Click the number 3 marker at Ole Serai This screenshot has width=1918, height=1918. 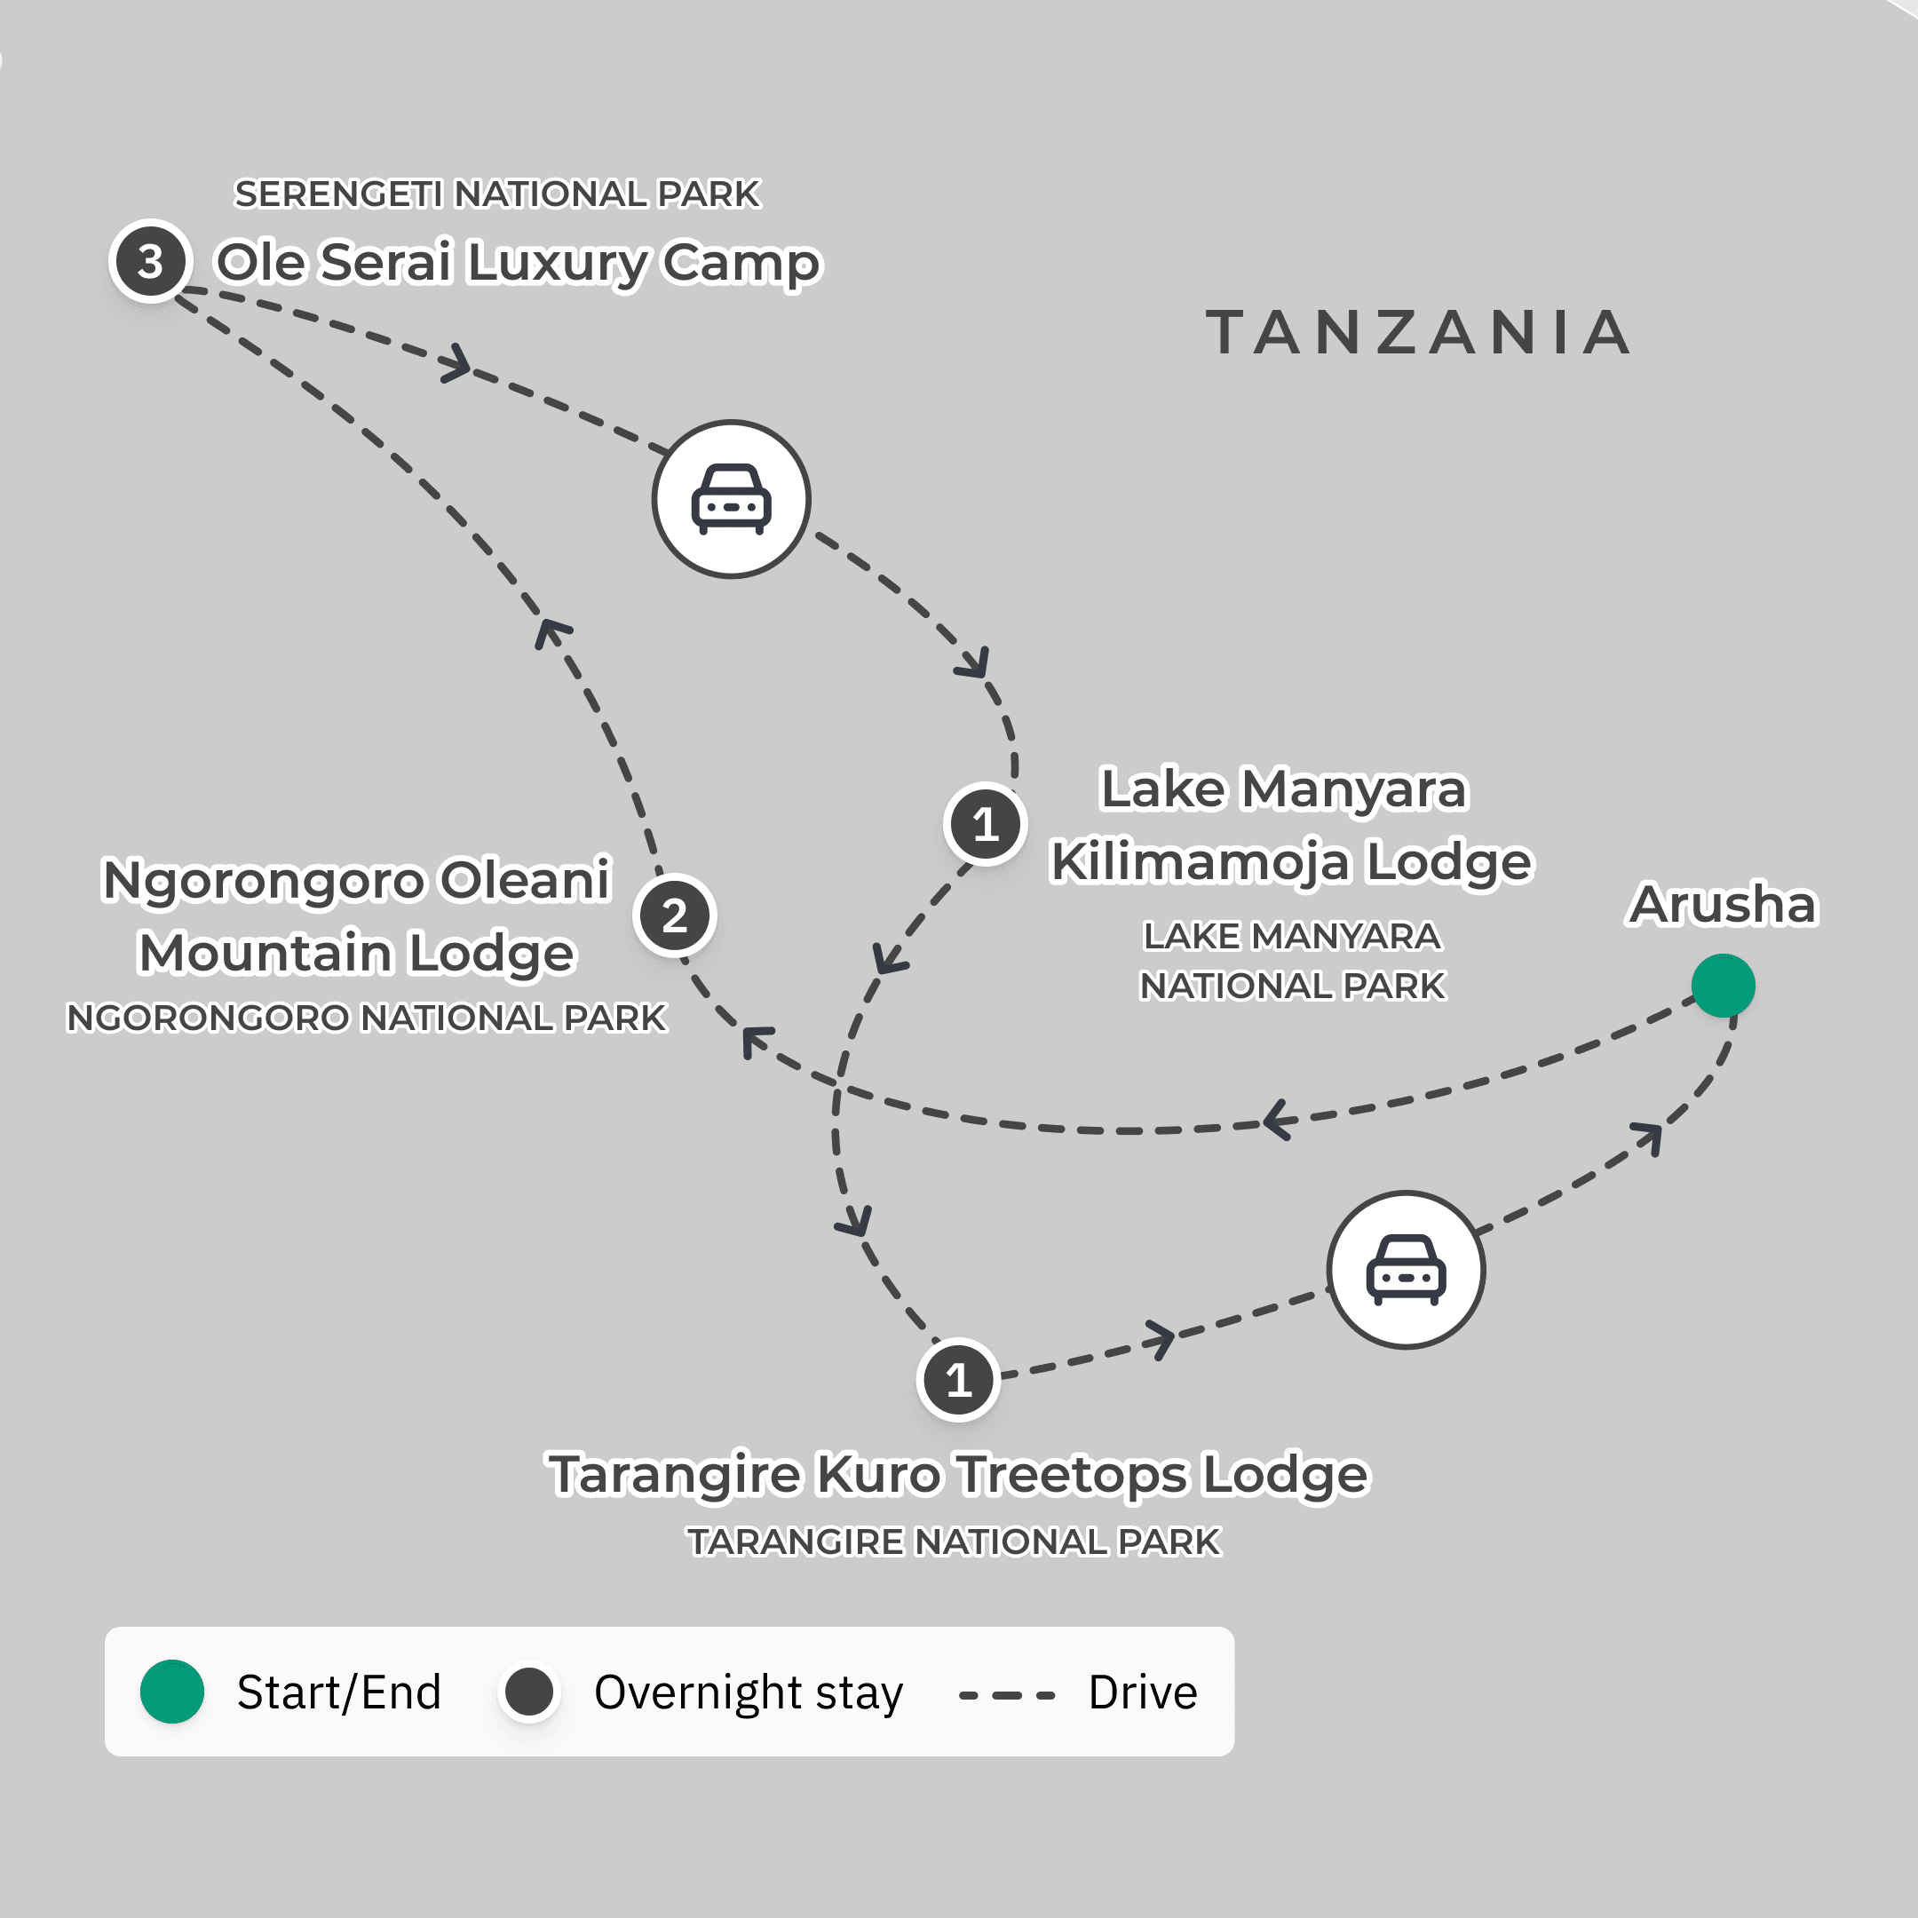(150, 262)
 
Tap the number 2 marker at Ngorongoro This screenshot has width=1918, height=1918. (674, 915)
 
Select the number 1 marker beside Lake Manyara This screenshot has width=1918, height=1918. (985, 824)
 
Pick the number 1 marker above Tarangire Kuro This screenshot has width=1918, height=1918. (958, 1380)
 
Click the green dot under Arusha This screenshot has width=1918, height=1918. (1723, 986)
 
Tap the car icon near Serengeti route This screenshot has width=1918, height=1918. (732, 499)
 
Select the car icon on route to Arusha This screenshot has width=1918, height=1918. (1406, 1270)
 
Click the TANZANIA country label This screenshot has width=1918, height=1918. (1419, 333)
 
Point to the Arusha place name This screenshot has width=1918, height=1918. (1723, 905)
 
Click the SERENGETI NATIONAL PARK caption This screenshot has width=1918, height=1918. (496, 194)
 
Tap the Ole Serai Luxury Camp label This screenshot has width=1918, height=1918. (519, 262)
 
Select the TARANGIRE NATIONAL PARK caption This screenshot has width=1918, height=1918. (954, 1542)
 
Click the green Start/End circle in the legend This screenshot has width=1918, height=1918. (171, 1692)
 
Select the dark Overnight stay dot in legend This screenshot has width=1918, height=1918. (529, 1692)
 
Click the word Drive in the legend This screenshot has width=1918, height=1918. (1143, 1692)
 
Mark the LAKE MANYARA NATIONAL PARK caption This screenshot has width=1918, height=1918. (1292, 961)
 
